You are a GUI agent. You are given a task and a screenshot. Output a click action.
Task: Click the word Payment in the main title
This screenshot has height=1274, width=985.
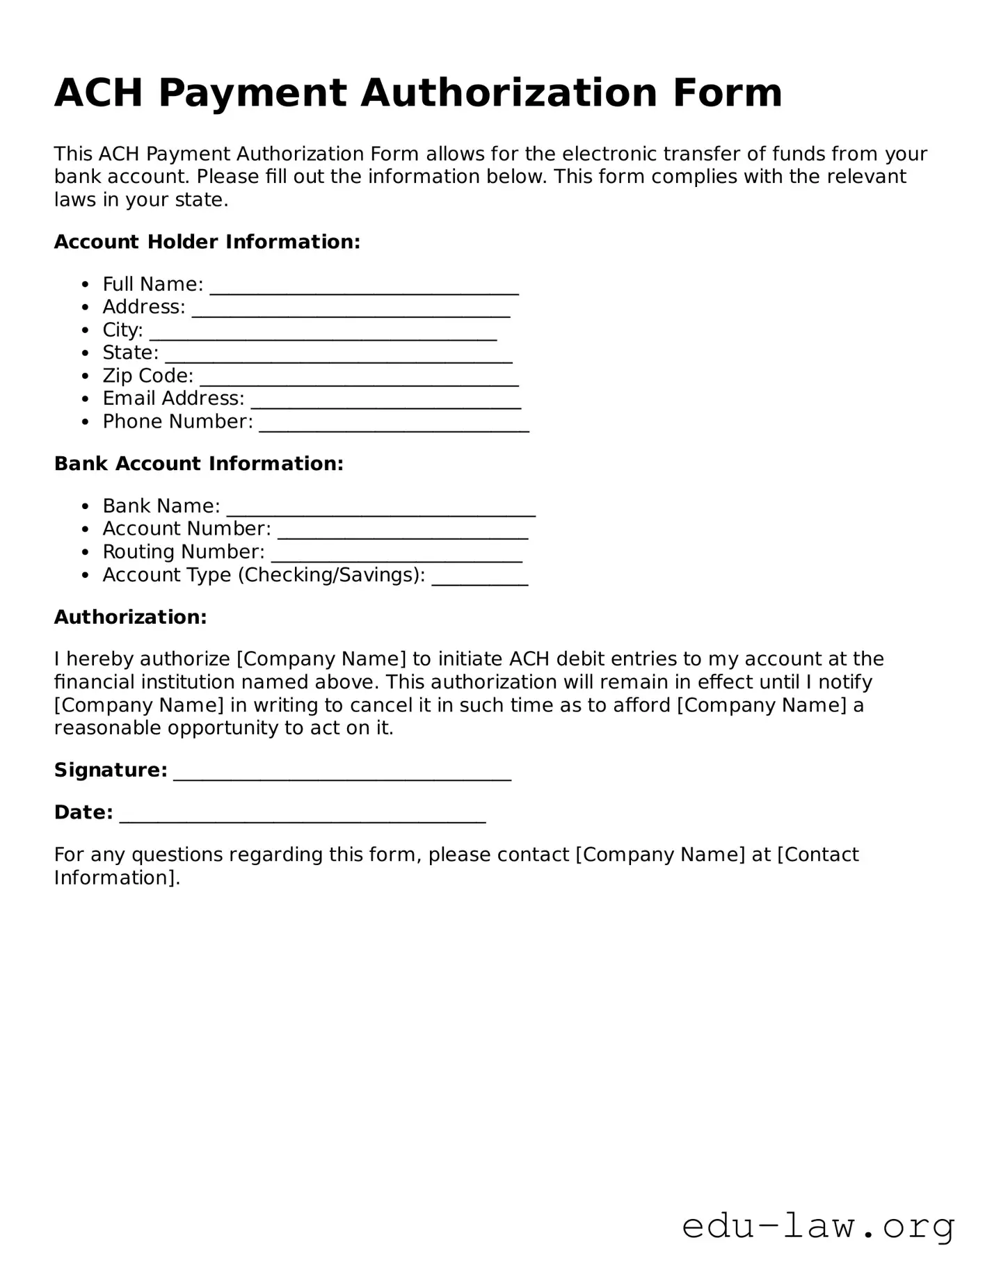[x=252, y=93]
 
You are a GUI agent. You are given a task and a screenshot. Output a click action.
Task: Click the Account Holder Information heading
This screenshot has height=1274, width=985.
[x=207, y=242]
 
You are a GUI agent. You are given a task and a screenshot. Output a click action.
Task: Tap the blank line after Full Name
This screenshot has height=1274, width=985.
[x=364, y=289]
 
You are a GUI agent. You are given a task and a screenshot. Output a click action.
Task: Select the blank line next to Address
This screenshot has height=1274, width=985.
[x=351, y=312]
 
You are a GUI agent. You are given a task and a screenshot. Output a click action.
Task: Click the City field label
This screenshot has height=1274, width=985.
[x=122, y=330]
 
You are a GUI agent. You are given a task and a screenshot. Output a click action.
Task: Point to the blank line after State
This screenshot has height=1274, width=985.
[x=338, y=357]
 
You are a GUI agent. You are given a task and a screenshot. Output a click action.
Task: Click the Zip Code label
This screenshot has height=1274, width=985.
[x=147, y=376]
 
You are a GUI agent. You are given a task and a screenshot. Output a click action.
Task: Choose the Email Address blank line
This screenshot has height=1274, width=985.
[x=385, y=403]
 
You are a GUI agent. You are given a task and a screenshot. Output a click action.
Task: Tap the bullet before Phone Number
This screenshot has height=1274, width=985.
[x=85, y=422]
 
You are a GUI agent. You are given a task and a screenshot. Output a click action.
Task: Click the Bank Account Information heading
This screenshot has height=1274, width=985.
[x=198, y=464]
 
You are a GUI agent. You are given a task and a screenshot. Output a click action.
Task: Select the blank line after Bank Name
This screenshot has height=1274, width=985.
[x=381, y=510]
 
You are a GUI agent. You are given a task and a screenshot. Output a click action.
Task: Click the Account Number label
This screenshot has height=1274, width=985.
[x=186, y=529]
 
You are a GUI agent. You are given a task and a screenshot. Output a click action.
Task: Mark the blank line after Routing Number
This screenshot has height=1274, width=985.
[x=397, y=556]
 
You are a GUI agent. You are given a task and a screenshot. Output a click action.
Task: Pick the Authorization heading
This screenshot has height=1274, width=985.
[x=130, y=618]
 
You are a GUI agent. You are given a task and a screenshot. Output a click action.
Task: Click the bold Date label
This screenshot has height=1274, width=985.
[x=83, y=812]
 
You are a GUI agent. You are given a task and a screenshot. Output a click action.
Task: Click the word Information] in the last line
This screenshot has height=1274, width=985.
[x=117, y=878]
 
